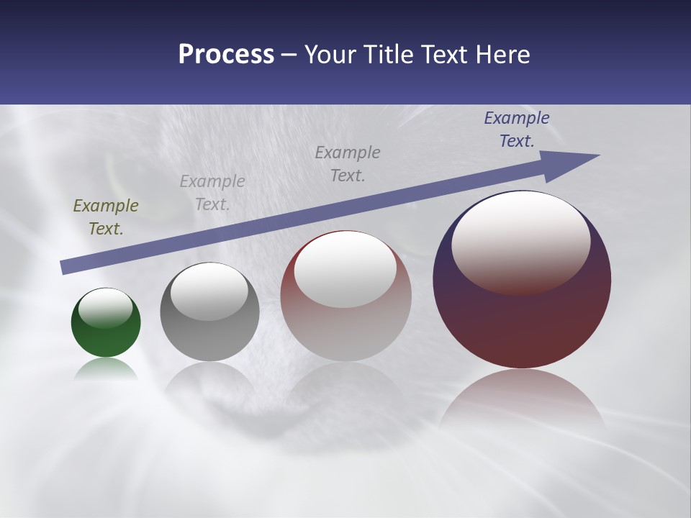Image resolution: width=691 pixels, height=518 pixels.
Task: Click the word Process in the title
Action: tap(226, 55)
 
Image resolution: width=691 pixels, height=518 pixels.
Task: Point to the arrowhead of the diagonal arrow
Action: tap(576, 162)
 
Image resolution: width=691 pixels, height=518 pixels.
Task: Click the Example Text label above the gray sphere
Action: tap(212, 193)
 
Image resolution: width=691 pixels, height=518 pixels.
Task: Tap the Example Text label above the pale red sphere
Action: tap(348, 164)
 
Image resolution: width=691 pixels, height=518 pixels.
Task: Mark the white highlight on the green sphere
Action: tap(106, 308)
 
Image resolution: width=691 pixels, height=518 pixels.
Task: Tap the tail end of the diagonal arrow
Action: tap(66, 267)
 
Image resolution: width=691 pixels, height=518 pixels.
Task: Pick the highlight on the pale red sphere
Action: tap(345, 269)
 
